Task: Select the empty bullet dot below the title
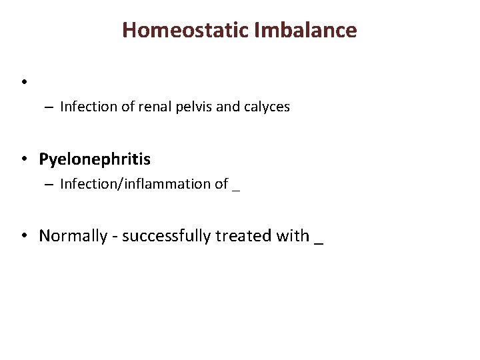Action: tap(23, 82)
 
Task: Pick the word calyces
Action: tap(267, 107)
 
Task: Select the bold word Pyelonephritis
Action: tap(95, 160)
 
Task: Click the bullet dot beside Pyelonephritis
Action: tap(23, 160)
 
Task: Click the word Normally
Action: tap(73, 236)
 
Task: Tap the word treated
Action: tap(243, 236)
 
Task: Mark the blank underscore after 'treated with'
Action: tap(318, 242)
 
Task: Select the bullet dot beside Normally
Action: tap(23, 236)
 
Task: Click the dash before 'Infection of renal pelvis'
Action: tap(50, 107)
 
